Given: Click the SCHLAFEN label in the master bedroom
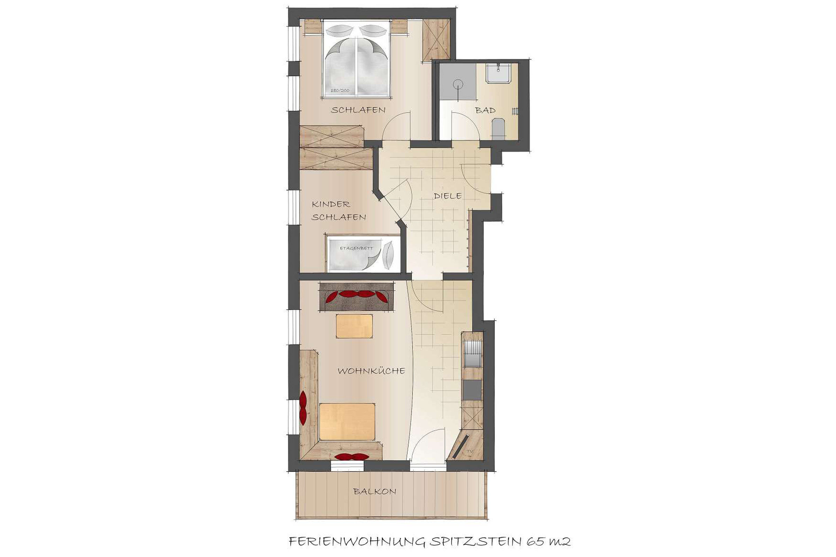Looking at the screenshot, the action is tap(358, 110).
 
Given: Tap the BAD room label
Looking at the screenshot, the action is tap(485, 110).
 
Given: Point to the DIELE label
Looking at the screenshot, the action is tap(448, 196).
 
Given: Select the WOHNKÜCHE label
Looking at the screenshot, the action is tap(371, 371).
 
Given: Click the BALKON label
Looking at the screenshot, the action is tap(375, 492).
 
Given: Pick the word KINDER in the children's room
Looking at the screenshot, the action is tap(331, 204).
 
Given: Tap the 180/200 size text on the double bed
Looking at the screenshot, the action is tap(340, 91).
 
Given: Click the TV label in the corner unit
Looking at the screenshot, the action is tap(470, 452).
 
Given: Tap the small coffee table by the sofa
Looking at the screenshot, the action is tap(354, 326).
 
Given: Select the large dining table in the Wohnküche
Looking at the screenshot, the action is tap(347, 422).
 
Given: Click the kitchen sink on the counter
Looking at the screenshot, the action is tap(472, 354).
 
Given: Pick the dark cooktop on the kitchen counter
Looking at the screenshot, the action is tap(472, 390).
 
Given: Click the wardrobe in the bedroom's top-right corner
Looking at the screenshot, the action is tap(436, 40).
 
